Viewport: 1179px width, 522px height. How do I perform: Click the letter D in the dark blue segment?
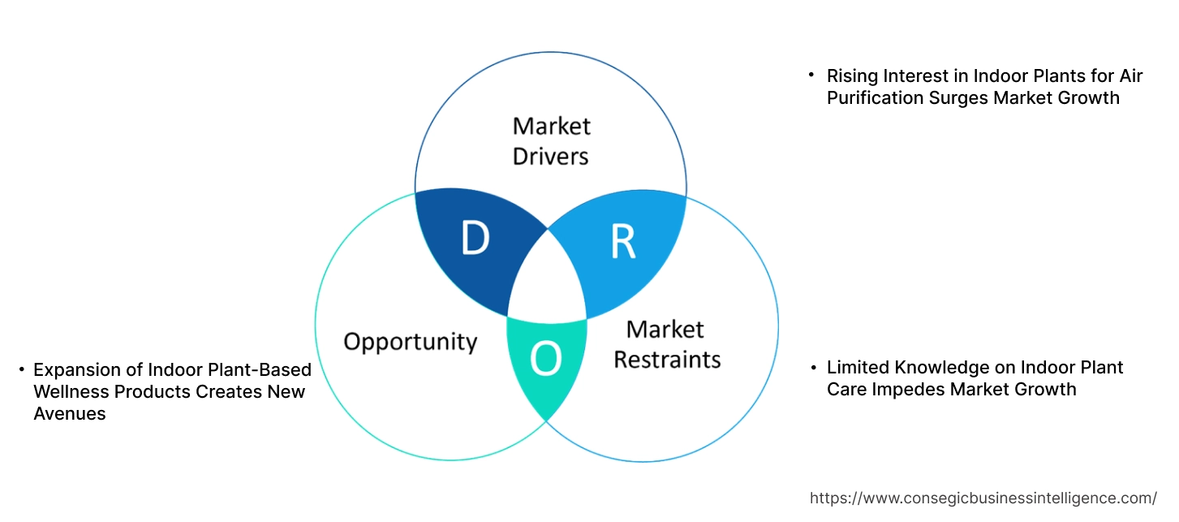point(475,239)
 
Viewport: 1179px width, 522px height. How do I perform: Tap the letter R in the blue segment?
point(622,241)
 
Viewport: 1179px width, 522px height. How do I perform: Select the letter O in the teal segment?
point(546,360)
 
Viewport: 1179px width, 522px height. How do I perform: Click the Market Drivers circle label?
point(551,140)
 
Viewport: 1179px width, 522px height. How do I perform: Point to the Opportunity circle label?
point(410,341)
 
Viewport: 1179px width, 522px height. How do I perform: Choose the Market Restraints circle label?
point(666,344)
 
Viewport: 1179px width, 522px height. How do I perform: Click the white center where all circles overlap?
point(548,280)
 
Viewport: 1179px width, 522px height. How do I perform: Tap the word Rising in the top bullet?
point(852,76)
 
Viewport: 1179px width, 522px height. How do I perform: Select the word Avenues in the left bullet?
point(70,414)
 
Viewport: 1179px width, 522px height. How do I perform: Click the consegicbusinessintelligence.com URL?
point(983,498)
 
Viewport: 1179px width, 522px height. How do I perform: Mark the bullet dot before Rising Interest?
point(811,75)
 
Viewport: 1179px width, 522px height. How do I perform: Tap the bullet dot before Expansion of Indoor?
point(22,370)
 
